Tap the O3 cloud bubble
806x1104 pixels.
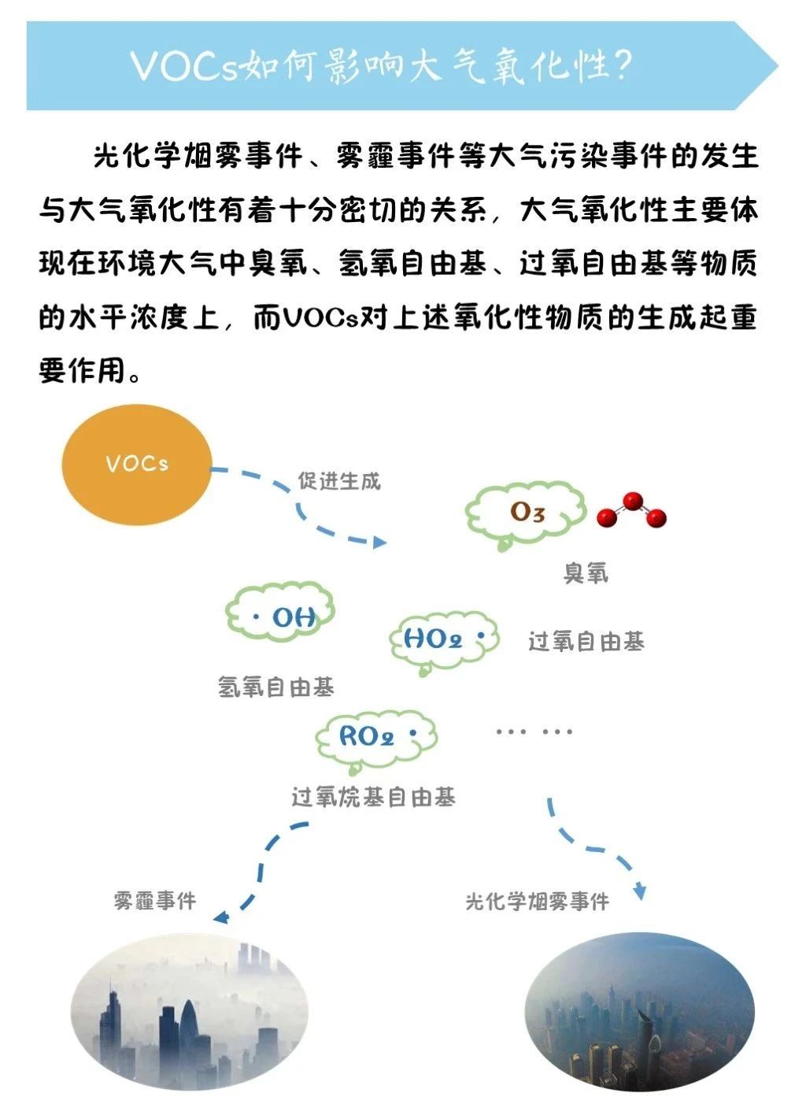click(x=526, y=513)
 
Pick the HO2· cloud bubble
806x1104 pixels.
click(x=443, y=639)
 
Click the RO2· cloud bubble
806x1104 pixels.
click(x=376, y=738)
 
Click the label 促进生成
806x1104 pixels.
click(x=338, y=481)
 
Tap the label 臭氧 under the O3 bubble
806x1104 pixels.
click(x=586, y=573)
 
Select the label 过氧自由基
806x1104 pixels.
click(x=586, y=642)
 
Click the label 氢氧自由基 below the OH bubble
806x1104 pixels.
click(x=275, y=687)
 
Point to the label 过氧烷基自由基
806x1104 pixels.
click(x=373, y=797)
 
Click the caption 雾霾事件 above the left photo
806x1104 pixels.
click(x=154, y=900)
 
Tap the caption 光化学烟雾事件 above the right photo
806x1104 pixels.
click(x=537, y=901)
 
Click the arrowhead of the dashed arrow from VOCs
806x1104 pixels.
click(x=379, y=543)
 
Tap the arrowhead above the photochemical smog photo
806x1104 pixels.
click(x=640, y=893)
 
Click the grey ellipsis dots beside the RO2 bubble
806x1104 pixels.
click(x=534, y=732)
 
